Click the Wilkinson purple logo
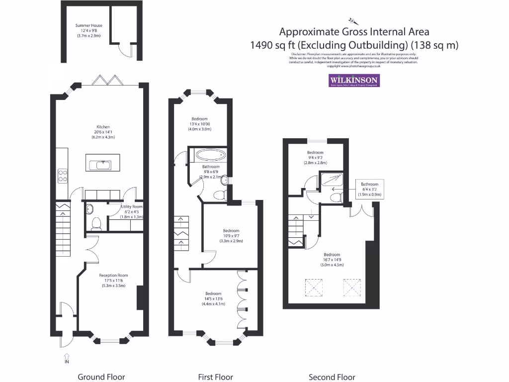coord(354,81)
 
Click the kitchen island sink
coord(103,164)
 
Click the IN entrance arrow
coord(67,358)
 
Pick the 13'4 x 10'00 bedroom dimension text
coord(200,124)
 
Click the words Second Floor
coord(332,377)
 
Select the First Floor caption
coord(216,377)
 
